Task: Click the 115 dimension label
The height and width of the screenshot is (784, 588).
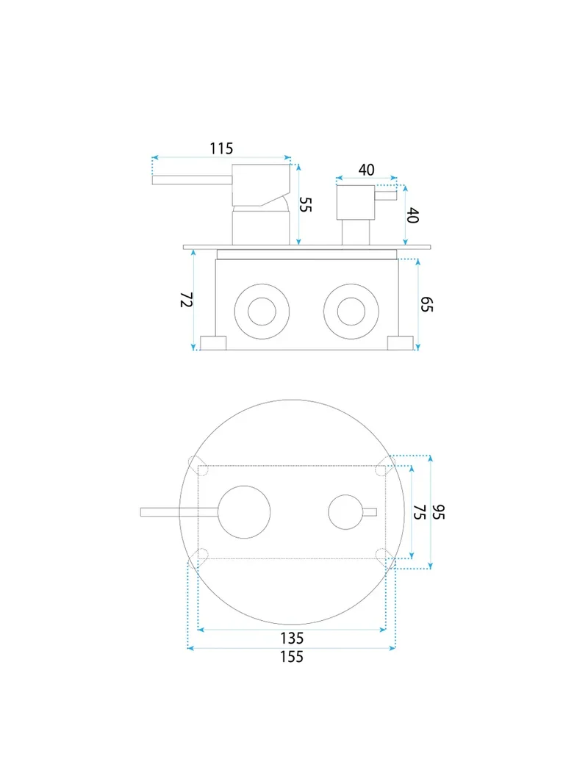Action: coord(221,148)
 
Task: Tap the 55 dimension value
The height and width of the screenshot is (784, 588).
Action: coord(305,204)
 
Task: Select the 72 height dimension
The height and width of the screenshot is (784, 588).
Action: coord(187,300)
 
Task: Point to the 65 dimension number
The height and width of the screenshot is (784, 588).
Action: coord(426,304)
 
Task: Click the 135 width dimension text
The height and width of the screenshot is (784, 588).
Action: coord(292,638)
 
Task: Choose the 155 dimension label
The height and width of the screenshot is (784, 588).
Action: coord(292,656)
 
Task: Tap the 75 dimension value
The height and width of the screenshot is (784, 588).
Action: coord(420,512)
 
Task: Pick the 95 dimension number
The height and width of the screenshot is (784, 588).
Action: coord(438,512)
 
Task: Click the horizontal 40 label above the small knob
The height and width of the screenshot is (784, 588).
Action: coord(367,170)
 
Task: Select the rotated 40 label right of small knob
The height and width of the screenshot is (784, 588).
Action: coord(412,215)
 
